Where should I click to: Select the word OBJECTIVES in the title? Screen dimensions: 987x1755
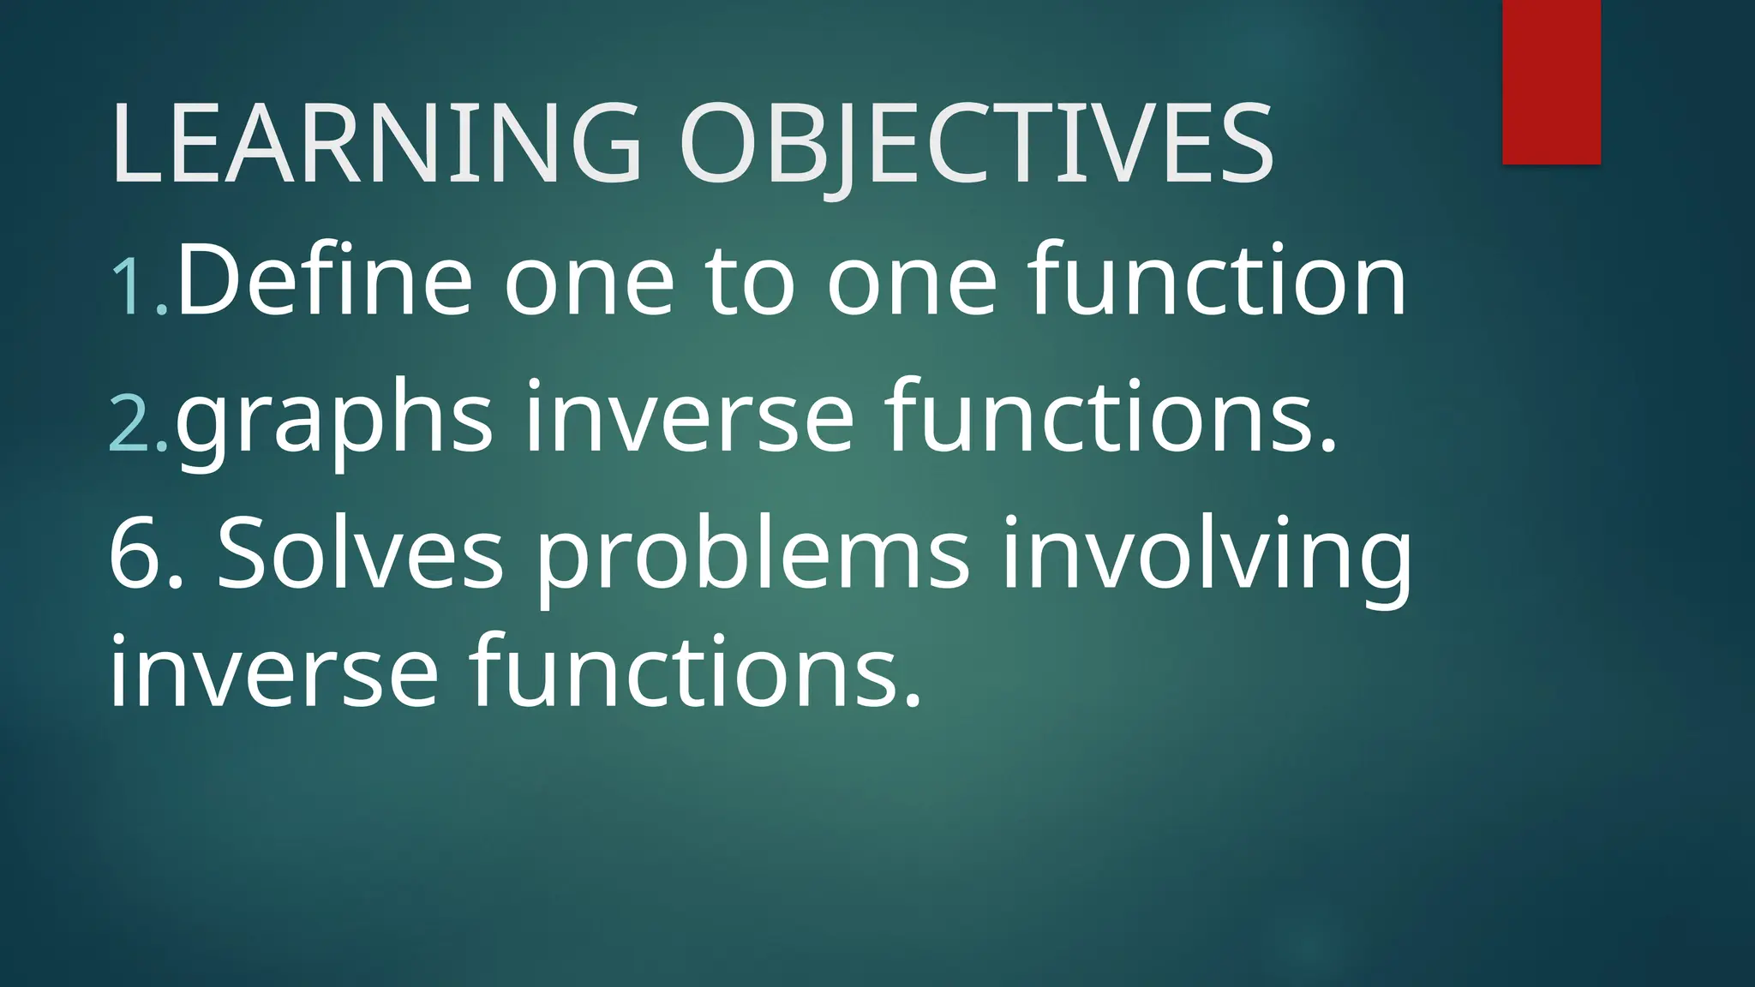tap(975, 143)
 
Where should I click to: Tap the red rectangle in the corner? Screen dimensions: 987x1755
tap(1551, 81)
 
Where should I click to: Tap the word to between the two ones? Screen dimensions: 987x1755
tap(750, 283)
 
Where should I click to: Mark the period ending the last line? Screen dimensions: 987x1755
tap(913, 703)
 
